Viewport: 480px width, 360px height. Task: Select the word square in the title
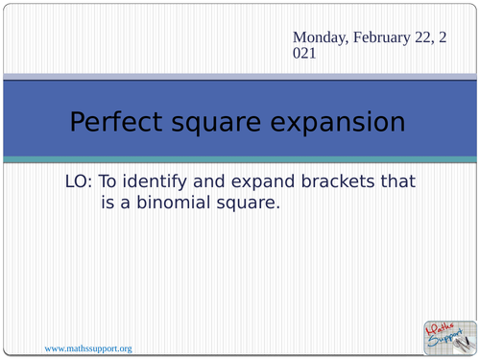[228, 123]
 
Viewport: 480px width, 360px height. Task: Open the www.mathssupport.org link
[88, 347]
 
